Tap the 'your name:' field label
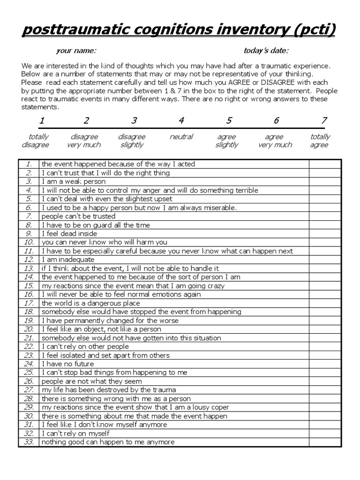pos(76,51)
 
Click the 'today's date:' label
pos(266,51)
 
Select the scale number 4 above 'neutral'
pos(181,121)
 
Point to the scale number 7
pos(323,121)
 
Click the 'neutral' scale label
pos(181,137)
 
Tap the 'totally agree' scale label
pos(320,141)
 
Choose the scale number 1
pos(42,121)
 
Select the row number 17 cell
pos(29,303)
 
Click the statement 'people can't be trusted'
pos(78,216)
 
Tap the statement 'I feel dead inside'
pos(69,233)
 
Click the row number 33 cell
pos(29,442)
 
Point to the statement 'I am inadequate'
pos(68,260)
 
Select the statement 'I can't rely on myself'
pos(75,434)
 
